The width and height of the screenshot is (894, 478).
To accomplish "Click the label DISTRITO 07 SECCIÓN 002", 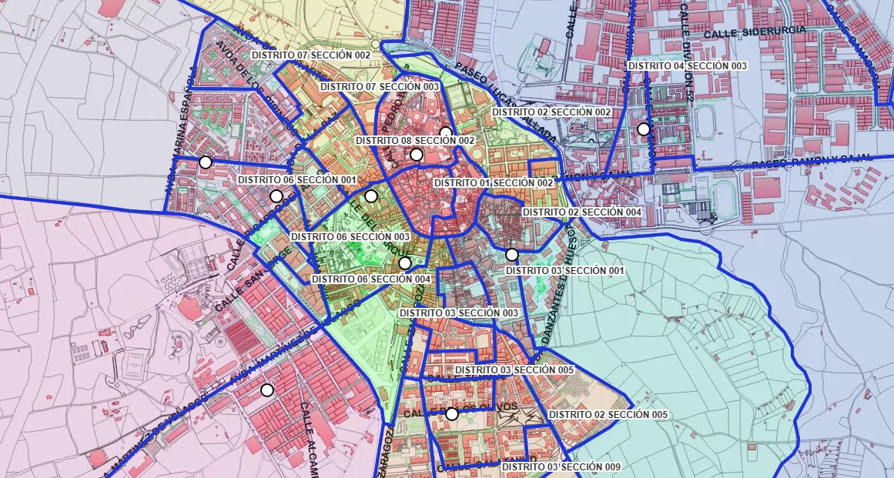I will tap(311, 55).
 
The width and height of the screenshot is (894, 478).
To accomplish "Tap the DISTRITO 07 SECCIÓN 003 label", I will tap(380, 87).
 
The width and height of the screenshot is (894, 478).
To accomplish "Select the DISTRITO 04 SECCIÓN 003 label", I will tap(688, 66).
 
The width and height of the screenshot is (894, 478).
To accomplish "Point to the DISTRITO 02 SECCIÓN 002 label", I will tap(551, 112).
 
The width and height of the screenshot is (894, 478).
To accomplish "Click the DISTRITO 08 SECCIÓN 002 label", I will tap(415, 141).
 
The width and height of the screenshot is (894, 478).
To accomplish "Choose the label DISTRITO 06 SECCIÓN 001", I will tap(297, 179).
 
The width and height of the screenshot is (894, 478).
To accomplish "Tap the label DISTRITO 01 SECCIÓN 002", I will tap(494, 182).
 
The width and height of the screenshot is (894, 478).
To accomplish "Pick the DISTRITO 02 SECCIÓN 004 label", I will tap(581, 212).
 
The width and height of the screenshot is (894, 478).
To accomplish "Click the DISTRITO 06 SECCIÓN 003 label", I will tap(350, 236).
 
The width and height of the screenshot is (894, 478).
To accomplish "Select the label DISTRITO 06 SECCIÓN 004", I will tap(371, 279).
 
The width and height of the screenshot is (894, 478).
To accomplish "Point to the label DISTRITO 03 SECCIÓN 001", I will tap(564, 271).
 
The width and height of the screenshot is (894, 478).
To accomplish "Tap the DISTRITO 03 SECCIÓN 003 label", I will tap(458, 313).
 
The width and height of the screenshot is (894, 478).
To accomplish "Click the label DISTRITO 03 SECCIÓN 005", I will tap(514, 370).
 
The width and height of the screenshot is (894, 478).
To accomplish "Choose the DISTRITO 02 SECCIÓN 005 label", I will tap(608, 415).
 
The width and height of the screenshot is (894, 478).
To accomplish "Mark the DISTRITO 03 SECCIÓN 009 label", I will tap(561, 467).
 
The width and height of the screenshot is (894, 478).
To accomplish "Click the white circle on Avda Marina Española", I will tap(205, 162).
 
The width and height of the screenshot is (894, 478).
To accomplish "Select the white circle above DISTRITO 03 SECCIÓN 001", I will tap(512, 255).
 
